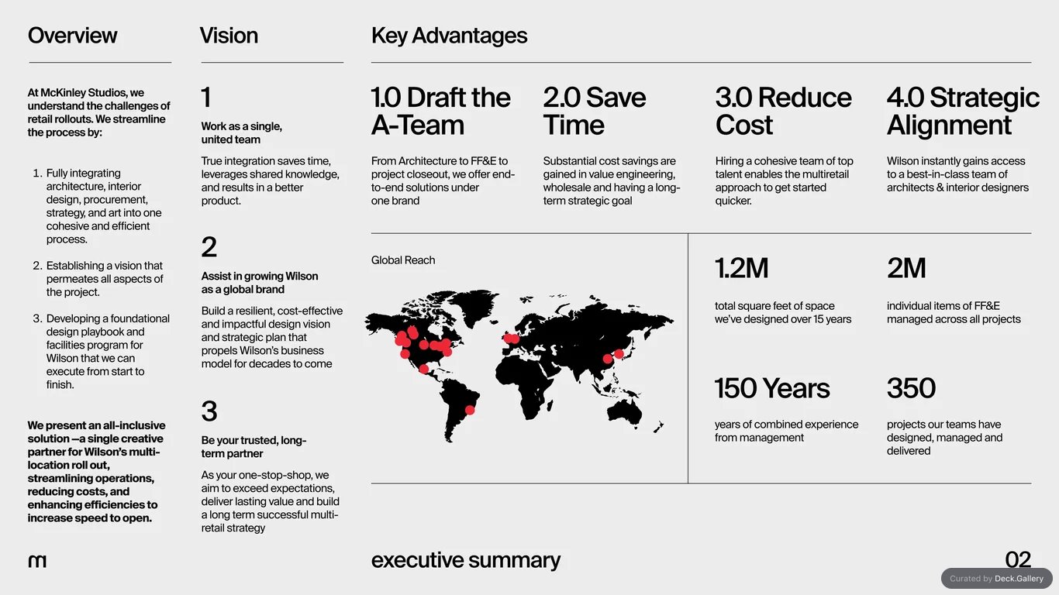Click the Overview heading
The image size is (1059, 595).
(72, 36)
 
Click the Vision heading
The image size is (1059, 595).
(229, 36)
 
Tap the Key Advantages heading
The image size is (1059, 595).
(449, 36)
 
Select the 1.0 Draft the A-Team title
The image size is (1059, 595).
(440, 111)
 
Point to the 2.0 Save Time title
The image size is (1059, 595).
(595, 111)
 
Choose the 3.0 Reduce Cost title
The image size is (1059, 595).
(783, 111)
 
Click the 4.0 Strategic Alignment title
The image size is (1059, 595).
(963, 111)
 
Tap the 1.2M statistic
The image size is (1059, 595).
(741, 268)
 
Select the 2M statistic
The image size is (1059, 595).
(906, 268)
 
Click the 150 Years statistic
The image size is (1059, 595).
(772, 388)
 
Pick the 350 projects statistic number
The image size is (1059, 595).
(911, 388)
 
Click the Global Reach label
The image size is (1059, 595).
(403, 260)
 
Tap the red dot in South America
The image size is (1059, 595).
(470, 410)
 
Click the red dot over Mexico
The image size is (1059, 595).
(423, 369)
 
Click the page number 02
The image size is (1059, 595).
(1018, 559)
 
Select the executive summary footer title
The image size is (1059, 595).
(466, 560)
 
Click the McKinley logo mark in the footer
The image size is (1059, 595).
(37, 561)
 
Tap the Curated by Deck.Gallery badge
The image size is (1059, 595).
(997, 579)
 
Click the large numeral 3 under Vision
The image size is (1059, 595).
(209, 411)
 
